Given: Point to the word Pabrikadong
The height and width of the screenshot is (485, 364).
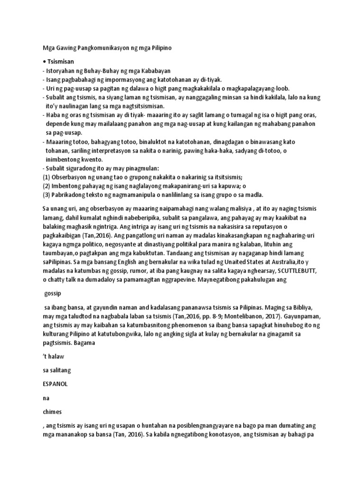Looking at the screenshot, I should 72,195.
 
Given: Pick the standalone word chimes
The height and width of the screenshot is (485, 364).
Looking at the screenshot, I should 52,412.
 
